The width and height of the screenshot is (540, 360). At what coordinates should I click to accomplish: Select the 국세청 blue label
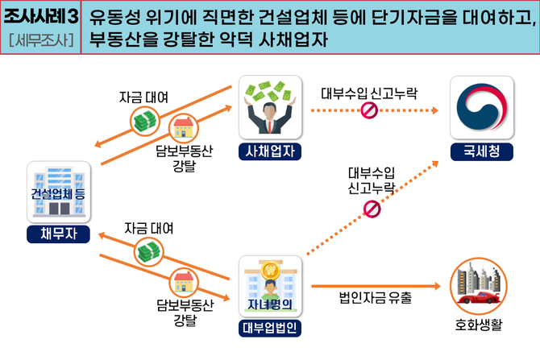480,151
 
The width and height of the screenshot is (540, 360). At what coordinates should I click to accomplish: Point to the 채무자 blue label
55,234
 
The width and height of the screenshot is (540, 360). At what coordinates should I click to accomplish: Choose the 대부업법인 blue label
270,328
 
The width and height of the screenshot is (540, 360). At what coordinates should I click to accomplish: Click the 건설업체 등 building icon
55,192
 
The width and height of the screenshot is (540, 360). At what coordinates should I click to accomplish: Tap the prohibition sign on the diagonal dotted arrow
372,209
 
